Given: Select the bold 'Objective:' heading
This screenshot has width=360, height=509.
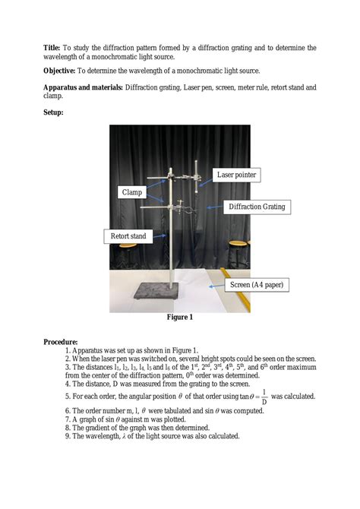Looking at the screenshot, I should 61,71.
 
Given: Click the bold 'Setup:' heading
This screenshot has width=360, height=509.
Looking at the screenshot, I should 53,112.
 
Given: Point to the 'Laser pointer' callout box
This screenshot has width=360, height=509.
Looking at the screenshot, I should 236,175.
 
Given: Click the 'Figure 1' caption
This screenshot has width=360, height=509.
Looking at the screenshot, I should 180,317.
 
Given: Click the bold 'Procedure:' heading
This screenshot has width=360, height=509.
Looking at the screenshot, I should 60,343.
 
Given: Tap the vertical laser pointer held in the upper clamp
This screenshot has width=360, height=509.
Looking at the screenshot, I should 199,182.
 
